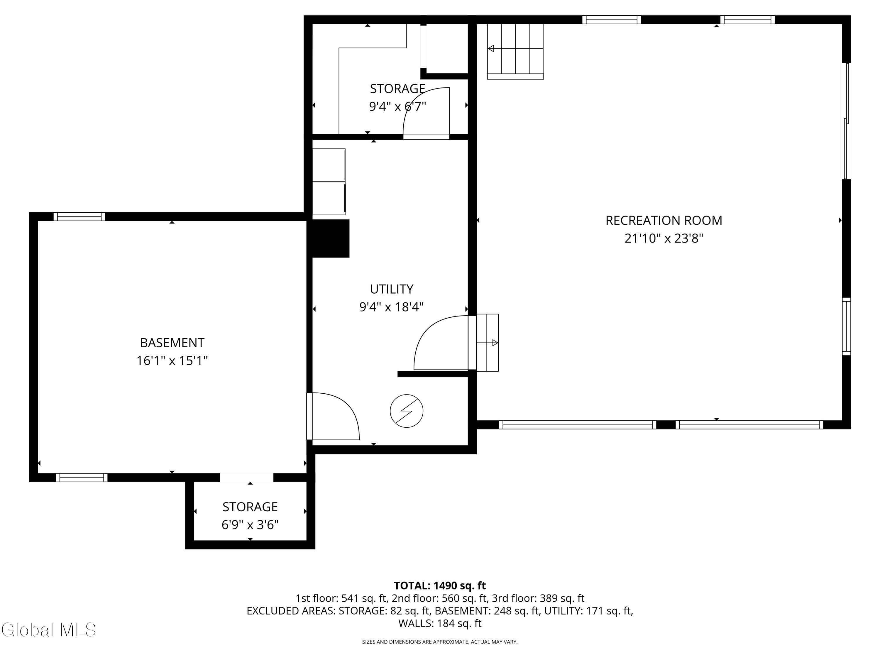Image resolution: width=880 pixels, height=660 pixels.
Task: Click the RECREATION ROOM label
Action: click(664, 220)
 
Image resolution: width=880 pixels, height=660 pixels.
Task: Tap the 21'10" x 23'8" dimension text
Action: click(664, 238)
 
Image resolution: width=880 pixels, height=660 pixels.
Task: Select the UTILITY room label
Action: click(392, 289)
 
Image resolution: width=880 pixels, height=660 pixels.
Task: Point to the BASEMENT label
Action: click(172, 343)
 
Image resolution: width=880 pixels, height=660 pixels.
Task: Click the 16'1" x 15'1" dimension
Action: click(172, 361)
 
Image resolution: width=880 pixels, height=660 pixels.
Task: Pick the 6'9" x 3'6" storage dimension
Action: click(250, 525)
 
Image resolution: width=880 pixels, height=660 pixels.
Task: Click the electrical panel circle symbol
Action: click(406, 411)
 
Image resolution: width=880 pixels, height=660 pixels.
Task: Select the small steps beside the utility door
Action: click(487, 343)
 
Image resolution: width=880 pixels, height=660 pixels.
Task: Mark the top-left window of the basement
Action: click(79, 216)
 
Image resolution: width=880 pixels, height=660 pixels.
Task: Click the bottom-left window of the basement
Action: click(82, 477)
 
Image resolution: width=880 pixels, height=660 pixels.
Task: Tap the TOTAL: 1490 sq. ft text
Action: click(440, 585)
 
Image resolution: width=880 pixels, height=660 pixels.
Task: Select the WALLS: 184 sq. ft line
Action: click(440, 623)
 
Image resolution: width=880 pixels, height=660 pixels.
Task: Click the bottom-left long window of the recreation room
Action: click(577, 424)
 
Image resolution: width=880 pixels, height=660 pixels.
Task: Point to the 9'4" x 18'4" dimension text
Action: click(392, 307)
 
